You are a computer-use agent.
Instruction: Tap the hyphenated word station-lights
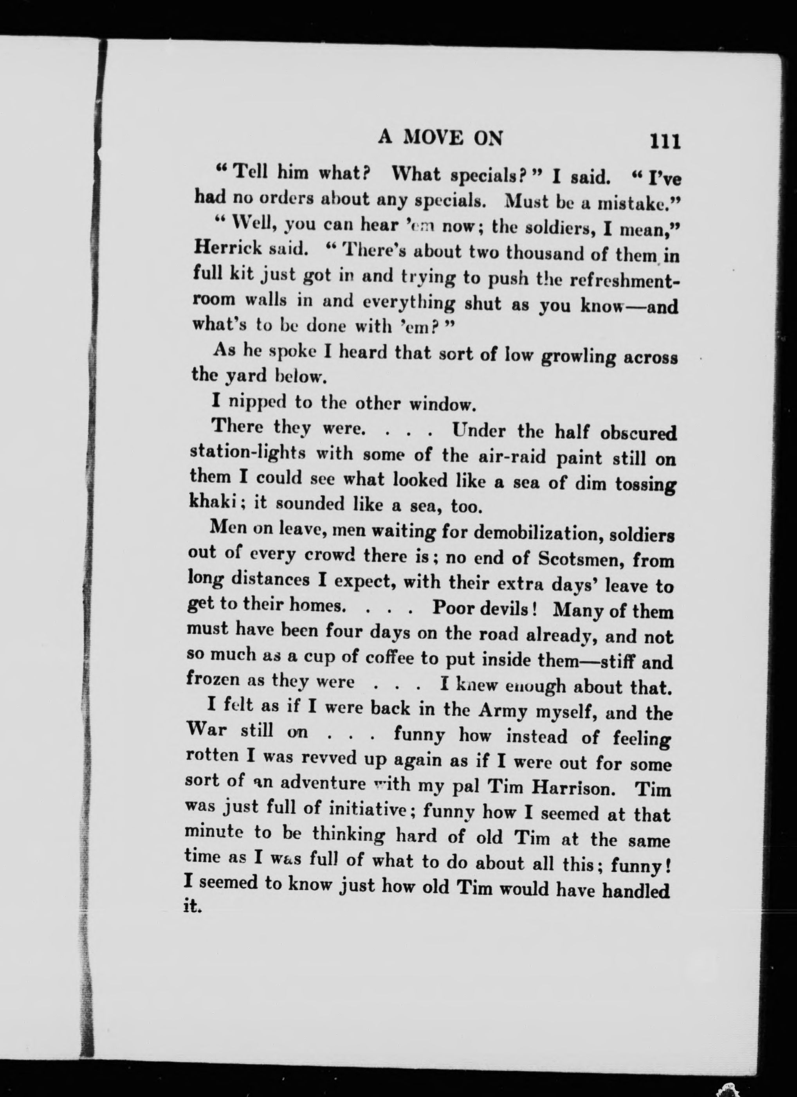coord(248,453)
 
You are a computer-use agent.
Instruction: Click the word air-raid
coord(494,457)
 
